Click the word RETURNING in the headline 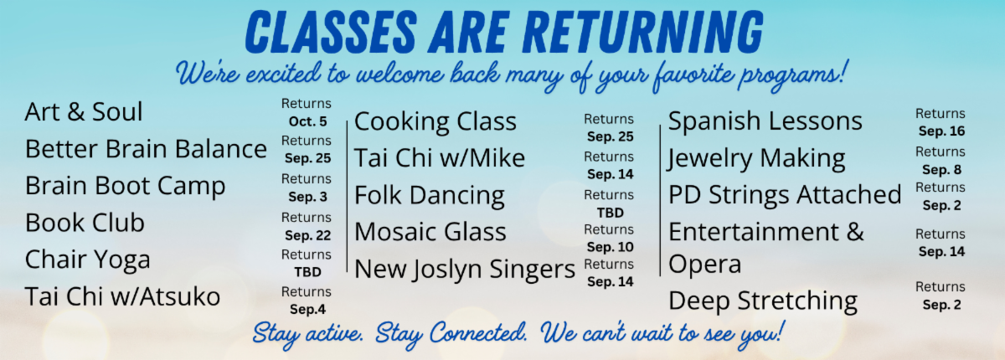(643, 32)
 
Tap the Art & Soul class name (84, 111)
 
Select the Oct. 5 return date (308, 121)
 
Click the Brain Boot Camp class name (125, 187)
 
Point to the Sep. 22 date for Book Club (308, 235)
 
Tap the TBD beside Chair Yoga (308, 272)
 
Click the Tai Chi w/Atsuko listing (122, 296)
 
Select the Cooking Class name (435, 122)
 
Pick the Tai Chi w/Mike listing (440, 158)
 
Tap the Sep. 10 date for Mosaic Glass (611, 247)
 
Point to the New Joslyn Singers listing (465, 270)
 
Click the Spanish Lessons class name (765, 121)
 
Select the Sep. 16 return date (941, 131)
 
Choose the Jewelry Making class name (757, 160)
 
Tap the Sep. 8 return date (941, 170)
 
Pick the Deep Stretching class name (763, 301)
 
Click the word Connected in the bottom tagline (479, 333)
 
